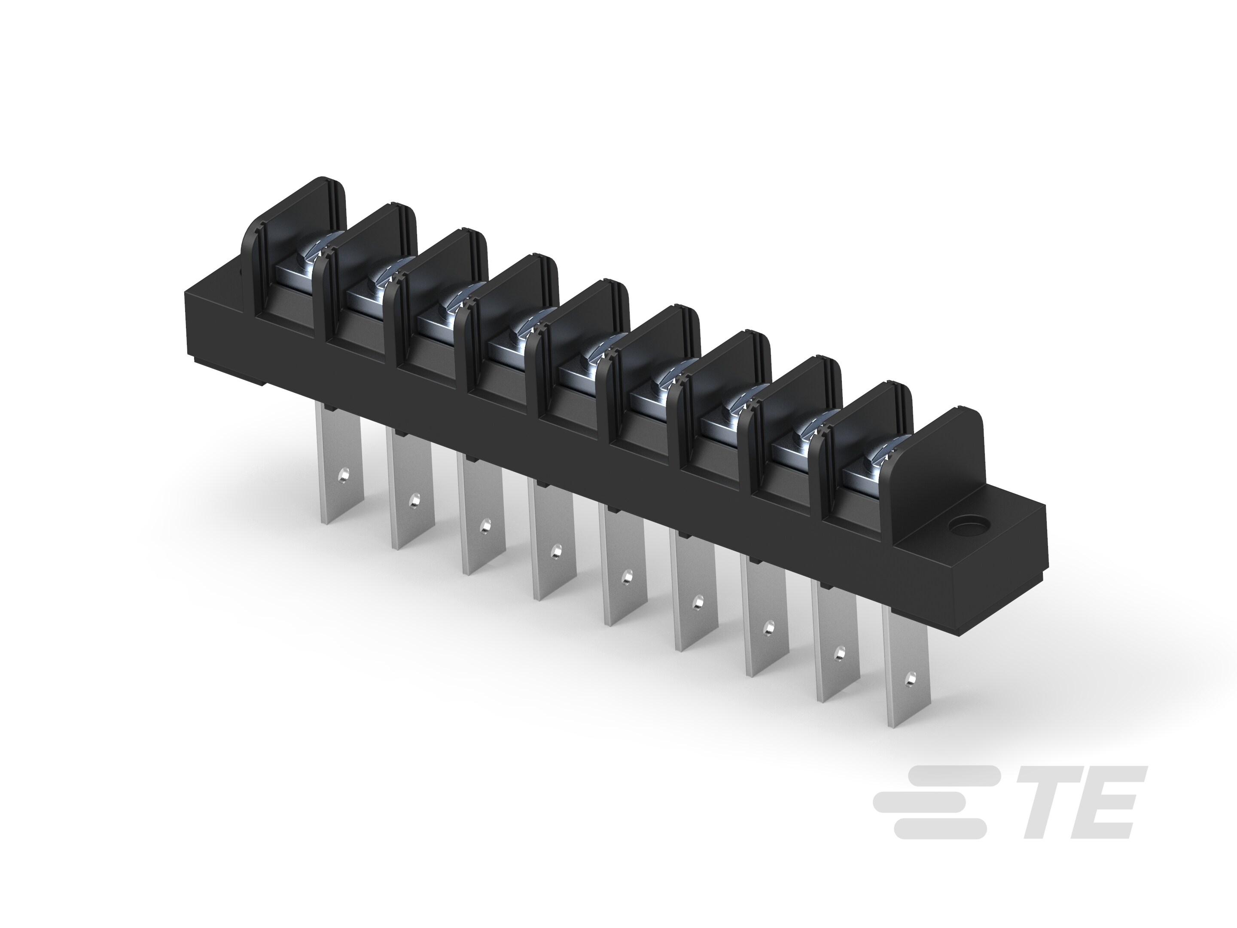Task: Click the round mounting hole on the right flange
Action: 967,526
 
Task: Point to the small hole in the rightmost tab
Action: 910,678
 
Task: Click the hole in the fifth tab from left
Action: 628,575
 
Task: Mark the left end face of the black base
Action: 190,324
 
